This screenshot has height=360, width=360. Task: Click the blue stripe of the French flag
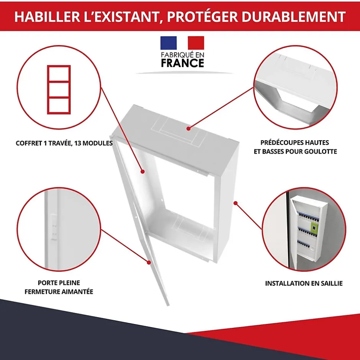click(x=169, y=43)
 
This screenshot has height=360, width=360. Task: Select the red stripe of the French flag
click(x=196, y=43)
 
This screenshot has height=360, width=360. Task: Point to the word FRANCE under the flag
click(x=183, y=63)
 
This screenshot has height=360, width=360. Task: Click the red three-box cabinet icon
click(x=59, y=90)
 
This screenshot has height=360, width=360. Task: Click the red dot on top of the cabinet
click(x=188, y=129)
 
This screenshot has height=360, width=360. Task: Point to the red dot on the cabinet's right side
click(x=236, y=203)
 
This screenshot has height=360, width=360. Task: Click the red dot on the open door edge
click(x=149, y=262)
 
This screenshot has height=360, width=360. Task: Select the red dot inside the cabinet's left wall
click(x=142, y=172)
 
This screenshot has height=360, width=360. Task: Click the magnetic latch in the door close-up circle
click(x=54, y=227)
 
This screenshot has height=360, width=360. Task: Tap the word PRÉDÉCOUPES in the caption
click(x=295, y=142)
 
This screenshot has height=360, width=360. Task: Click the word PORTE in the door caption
click(x=47, y=283)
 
